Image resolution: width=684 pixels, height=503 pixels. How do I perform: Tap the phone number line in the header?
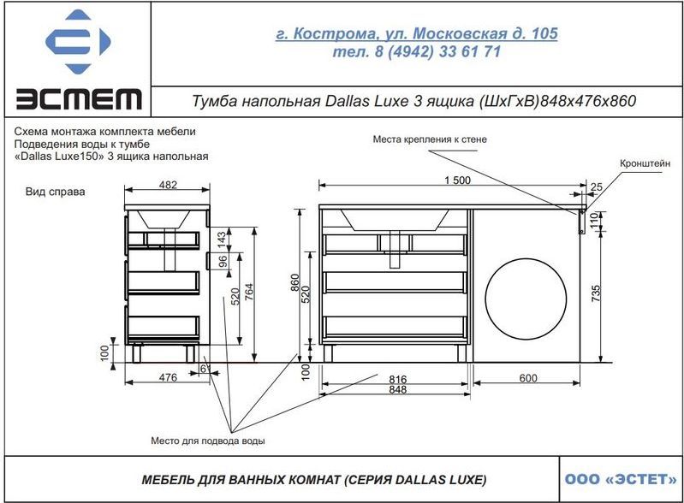pos(417,52)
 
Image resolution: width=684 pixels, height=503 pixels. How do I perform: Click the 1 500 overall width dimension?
pos(458,180)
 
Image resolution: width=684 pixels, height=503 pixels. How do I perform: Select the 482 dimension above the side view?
pos(168,185)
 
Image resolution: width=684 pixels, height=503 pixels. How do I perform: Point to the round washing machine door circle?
pos(526,299)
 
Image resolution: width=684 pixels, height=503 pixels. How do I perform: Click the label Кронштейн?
pos(645,164)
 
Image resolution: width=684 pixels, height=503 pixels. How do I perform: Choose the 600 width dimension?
pos(528,378)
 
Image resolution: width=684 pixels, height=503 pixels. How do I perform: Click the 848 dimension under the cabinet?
pos(397,389)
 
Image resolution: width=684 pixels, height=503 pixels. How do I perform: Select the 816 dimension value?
pos(397,379)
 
